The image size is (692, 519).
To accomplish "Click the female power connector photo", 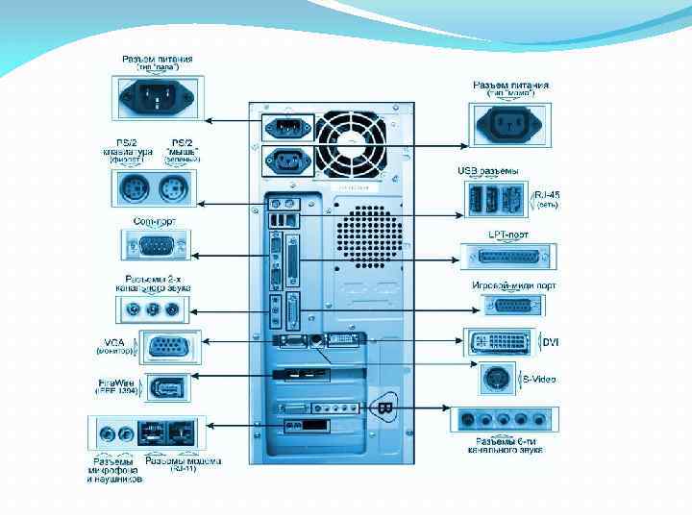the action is tap(510, 122).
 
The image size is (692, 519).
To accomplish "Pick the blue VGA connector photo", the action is tap(169, 346).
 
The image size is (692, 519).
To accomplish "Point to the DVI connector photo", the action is tap(503, 342).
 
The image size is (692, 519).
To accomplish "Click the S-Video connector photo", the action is tap(499, 379).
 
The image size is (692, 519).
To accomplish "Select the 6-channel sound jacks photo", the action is tap(504, 420).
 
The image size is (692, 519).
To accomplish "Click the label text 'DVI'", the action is tap(551, 342).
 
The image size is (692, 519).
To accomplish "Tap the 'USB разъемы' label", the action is tap(487, 171).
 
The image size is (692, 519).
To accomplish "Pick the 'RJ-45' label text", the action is tap(547, 194).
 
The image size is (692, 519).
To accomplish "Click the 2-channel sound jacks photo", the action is tap(149, 309).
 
